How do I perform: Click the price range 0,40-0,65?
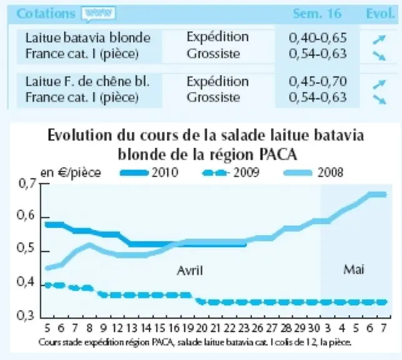pos(318,37)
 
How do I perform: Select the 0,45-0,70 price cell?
pos(318,82)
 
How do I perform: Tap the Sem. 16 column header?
pos(317,14)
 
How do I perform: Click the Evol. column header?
pos(380,14)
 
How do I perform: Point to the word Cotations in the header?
pos(46,14)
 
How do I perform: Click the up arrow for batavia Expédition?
pos(379,39)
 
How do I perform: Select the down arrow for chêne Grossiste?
pos(379,99)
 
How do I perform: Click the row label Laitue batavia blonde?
pos(88,38)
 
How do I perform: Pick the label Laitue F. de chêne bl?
pos(87,82)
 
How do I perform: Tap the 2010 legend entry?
pos(149,172)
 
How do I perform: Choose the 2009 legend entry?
pos(231,172)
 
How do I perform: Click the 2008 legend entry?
pos(313,172)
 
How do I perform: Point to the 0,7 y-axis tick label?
pos(26,184)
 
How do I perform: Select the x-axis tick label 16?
pos(174,328)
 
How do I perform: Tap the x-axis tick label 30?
pos(313,328)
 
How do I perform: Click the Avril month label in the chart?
pos(190,271)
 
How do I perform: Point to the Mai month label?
pos(354,269)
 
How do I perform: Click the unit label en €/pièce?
pos(71,173)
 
